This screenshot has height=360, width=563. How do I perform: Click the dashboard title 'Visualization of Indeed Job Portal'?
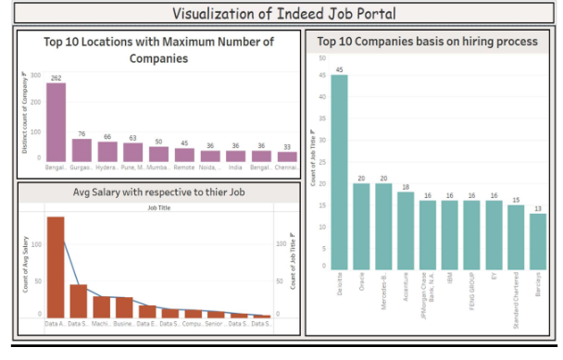[x=281, y=13]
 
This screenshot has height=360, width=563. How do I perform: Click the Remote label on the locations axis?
[x=185, y=168]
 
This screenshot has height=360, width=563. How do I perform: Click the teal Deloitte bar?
[x=339, y=171]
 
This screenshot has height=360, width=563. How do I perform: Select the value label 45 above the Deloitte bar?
[x=339, y=69]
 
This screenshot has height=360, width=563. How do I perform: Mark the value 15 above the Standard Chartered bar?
[x=515, y=199]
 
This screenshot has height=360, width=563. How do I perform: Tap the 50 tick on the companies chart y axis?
[x=321, y=57]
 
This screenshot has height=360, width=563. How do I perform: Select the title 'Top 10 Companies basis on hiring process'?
[x=427, y=42]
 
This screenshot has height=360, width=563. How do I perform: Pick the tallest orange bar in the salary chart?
[x=56, y=267]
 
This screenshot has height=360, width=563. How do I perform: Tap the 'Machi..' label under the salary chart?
[x=101, y=324]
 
